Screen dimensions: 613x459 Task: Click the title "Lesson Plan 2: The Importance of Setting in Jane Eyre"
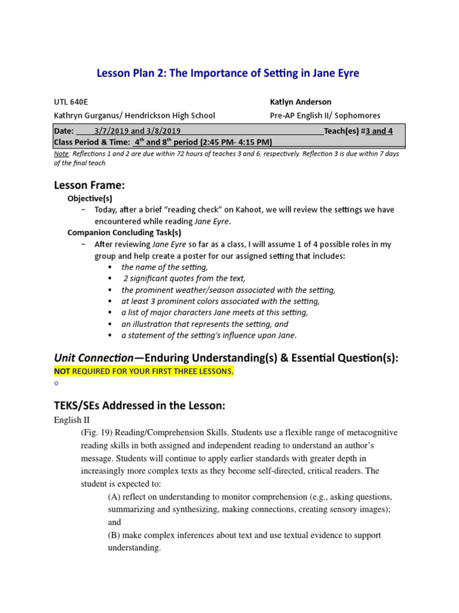[228, 74]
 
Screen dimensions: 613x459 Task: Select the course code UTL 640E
[71, 102]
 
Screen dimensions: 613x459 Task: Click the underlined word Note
[61, 154]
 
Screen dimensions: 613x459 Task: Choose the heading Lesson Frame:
[90, 186]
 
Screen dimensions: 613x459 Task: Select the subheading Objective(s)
[90, 198]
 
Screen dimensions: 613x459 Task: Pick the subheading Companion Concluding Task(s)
[124, 232]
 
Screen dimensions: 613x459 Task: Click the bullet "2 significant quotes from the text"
[184, 278]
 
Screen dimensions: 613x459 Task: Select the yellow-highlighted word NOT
[62, 372]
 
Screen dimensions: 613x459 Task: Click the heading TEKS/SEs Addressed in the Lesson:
[139, 405]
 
